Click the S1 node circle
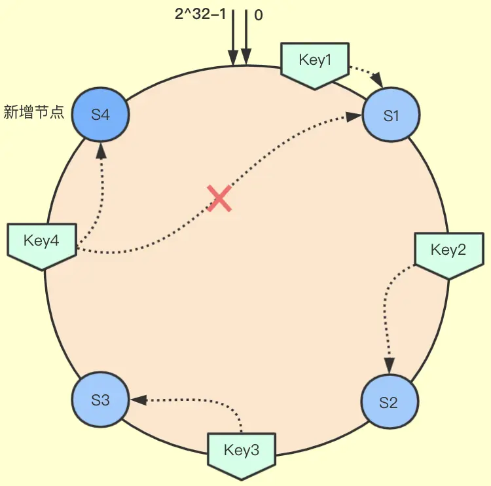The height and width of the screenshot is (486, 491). click(391, 116)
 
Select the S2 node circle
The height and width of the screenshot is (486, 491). click(388, 402)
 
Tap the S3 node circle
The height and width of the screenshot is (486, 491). click(100, 400)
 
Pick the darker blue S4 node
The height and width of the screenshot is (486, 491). click(100, 115)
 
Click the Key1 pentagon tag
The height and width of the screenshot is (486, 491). click(316, 64)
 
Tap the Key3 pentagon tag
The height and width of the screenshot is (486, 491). click(242, 453)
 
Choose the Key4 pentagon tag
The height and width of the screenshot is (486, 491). click(41, 244)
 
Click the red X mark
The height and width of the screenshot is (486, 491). click(220, 198)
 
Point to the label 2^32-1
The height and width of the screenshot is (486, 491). click(200, 14)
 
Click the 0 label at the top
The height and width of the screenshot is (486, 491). click(259, 14)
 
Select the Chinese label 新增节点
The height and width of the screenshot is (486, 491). click(34, 113)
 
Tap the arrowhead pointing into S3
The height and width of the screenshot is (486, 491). click(137, 399)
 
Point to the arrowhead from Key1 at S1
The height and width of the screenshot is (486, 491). click(380, 81)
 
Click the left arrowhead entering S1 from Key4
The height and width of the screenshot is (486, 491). click(354, 116)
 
